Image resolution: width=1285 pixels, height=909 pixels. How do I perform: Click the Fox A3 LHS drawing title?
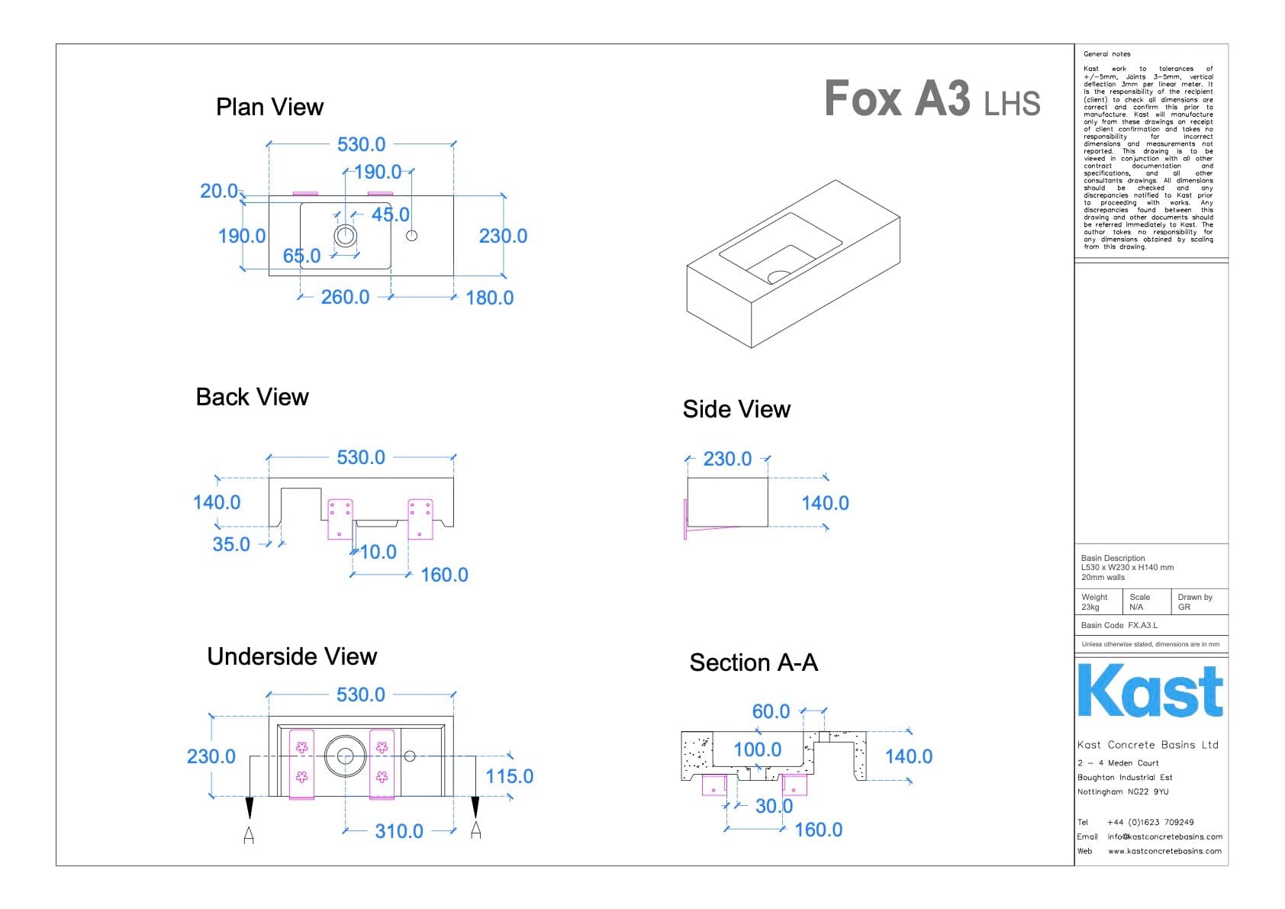point(932,99)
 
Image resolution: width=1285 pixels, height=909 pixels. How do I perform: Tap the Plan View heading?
point(269,107)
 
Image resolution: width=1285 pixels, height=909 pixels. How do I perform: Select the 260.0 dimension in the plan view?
point(345,297)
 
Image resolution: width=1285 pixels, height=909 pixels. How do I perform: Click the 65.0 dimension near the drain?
point(302,256)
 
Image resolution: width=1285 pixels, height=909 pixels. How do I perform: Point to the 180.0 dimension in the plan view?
point(489,298)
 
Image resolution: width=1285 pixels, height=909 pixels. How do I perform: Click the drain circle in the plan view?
point(346,235)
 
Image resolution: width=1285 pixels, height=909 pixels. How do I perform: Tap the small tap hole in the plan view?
point(412,235)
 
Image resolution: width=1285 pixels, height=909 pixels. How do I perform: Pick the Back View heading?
point(252,397)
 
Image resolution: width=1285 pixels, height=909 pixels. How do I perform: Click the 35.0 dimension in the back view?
point(231,544)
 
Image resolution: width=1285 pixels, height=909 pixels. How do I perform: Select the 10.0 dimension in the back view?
point(378,552)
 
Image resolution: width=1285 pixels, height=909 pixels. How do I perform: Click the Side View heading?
point(736,409)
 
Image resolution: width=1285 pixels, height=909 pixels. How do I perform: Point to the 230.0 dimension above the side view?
point(727,459)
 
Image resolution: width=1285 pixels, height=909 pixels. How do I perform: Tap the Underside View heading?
point(291,656)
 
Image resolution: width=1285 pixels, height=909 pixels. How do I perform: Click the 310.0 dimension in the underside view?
point(399,831)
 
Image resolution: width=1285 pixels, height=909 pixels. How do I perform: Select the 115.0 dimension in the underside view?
point(510,776)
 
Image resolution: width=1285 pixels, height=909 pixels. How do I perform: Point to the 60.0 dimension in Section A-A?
point(771,711)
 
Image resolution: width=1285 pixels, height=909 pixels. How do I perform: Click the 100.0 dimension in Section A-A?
point(757,749)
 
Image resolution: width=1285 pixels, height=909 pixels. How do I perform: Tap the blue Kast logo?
point(1150,691)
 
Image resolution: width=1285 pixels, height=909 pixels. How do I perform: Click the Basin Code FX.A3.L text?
point(1119,625)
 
